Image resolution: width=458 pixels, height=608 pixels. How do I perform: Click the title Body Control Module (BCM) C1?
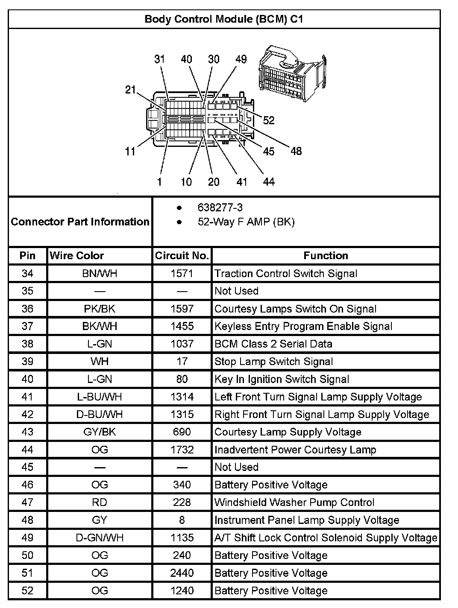point(224,19)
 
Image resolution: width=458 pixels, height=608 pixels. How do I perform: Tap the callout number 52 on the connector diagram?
point(269,120)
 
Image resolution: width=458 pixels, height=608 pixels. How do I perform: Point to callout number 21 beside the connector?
point(130,90)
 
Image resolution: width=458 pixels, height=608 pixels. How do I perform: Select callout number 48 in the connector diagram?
point(296,151)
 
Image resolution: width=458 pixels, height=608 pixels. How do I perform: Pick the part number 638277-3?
point(220,208)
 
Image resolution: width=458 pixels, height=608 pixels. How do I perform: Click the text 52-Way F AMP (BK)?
point(246,222)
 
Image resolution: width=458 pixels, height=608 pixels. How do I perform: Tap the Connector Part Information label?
point(80,222)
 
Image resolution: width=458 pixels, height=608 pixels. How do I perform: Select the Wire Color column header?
point(77,256)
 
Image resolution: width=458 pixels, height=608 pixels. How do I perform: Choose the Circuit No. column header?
point(182,256)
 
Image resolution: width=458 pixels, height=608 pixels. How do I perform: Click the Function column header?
point(326,256)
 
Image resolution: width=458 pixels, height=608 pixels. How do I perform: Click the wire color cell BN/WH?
point(100,274)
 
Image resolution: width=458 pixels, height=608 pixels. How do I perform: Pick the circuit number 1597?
point(182,309)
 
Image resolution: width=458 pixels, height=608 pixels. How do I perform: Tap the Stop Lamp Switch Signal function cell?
point(273,362)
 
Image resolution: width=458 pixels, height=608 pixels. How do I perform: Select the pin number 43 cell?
point(27,432)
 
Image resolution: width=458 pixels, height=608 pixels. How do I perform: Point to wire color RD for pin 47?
point(100,503)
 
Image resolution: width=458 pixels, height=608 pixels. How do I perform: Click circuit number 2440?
point(182,573)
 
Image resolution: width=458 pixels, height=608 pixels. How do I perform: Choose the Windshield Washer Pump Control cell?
point(294,503)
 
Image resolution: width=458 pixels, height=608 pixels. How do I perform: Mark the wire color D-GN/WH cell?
point(100,538)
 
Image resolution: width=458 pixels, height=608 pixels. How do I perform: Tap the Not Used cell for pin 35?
point(236,291)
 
